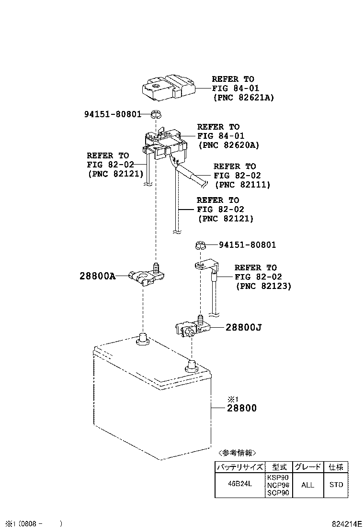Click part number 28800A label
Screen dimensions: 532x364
(98, 277)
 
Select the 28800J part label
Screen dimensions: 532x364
(244, 328)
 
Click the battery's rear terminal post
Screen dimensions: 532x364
(142, 338)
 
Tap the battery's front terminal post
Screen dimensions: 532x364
(191, 366)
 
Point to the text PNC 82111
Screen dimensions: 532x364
(242, 184)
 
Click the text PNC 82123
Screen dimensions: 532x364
(263, 286)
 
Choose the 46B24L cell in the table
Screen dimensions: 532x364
(239, 485)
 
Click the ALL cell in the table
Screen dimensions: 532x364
(307, 485)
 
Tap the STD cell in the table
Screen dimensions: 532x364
(336, 485)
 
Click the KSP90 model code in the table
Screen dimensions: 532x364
(278, 477)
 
